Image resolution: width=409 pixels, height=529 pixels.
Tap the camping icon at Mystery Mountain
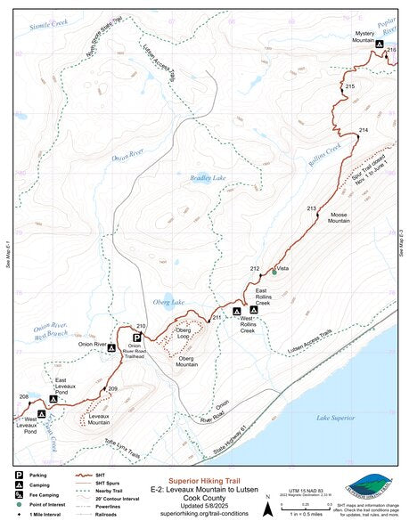point(380,44)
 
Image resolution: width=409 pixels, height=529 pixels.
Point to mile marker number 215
point(350,85)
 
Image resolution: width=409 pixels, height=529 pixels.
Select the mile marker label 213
point(312,208)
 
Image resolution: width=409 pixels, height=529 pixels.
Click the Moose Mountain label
point(339,219)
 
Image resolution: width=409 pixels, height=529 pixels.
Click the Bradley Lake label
point(208,178)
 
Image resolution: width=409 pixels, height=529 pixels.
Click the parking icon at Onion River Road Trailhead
point(136,338)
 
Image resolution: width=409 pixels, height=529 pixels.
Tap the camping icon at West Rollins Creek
point(236,311)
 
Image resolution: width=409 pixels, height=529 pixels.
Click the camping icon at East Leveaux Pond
point(53,400)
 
